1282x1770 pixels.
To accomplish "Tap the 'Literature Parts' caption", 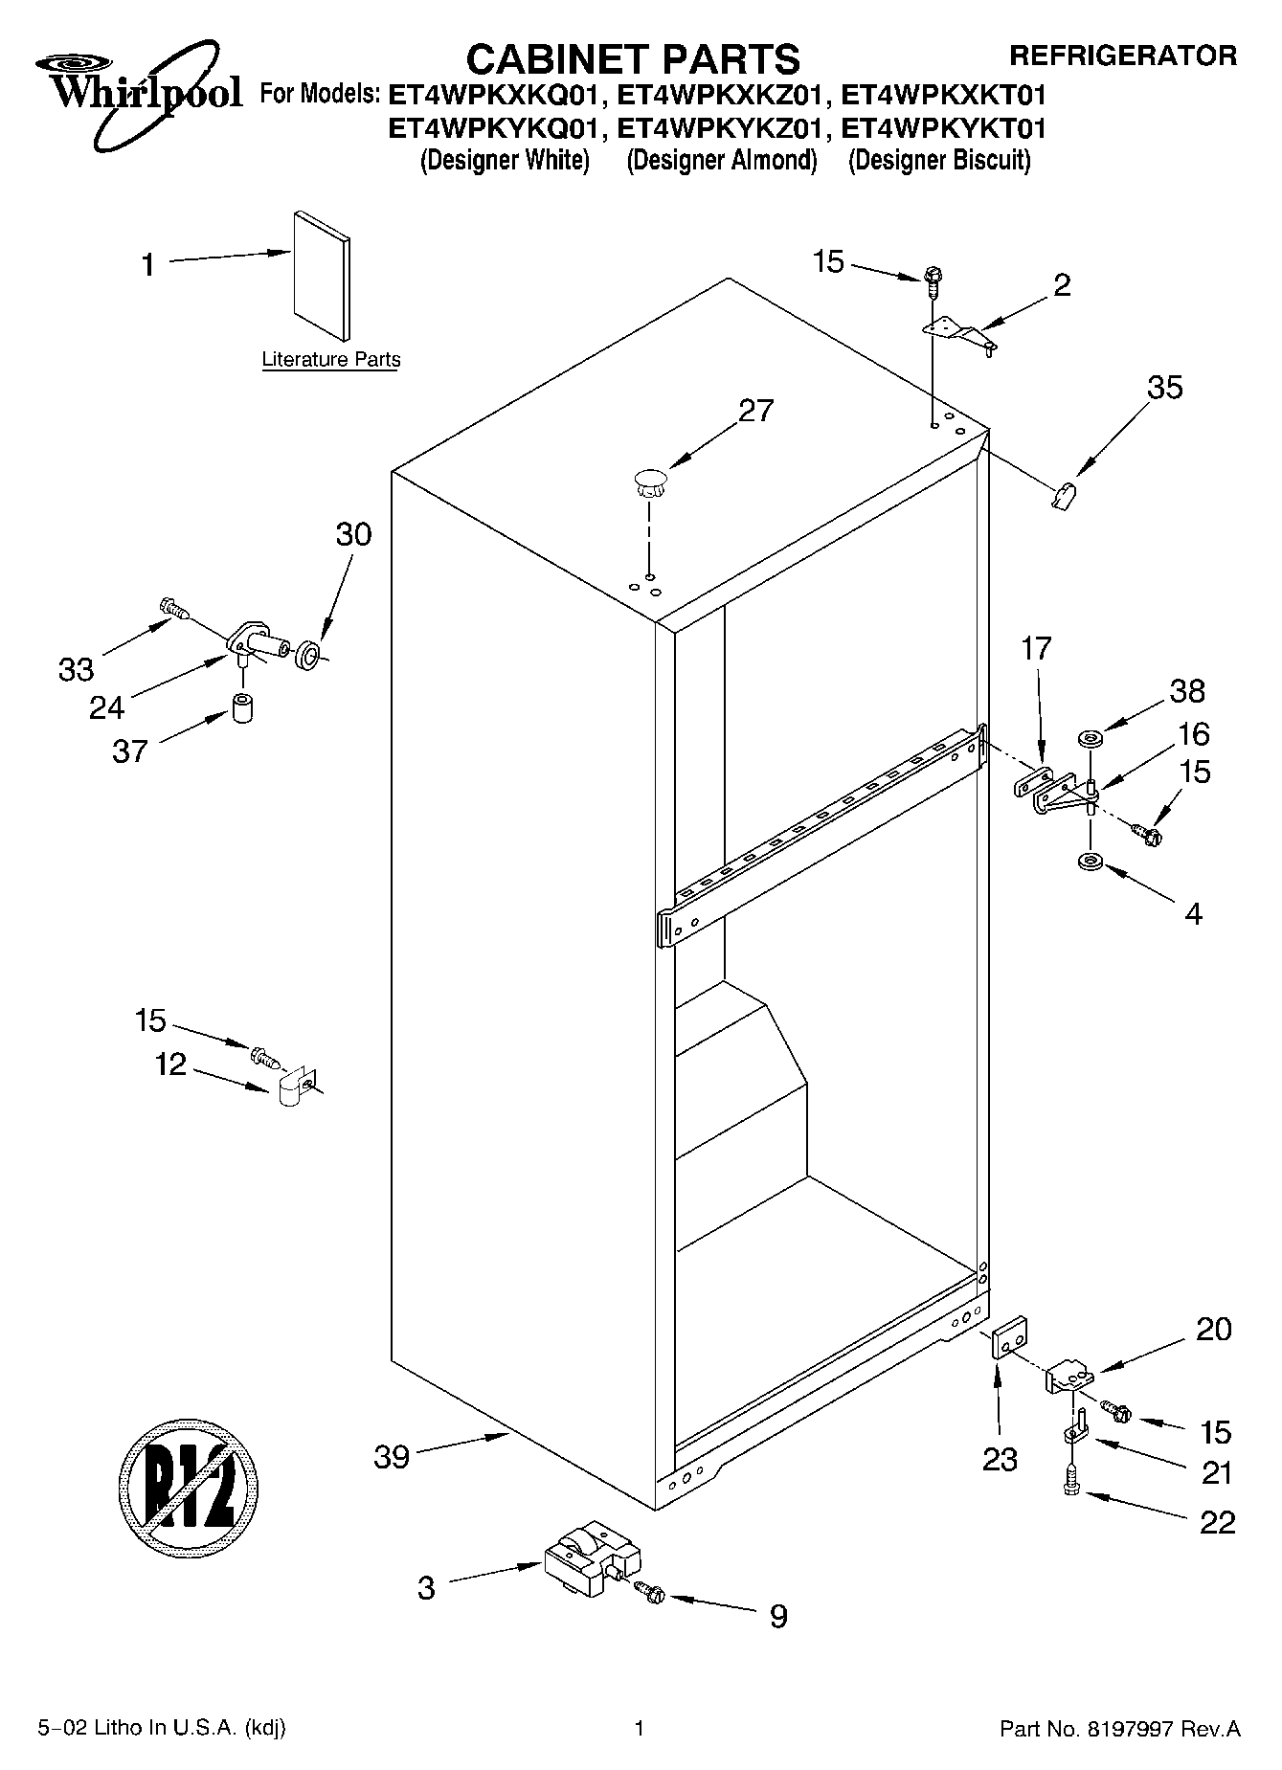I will point(331,360).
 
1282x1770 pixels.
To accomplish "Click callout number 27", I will point(755,411).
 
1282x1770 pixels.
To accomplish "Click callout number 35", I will point(1164,388).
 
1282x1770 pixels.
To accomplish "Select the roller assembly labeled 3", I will point(585,1564).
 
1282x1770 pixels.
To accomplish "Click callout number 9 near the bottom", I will point(778,1617).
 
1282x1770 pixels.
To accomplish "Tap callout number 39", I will point(392,1457).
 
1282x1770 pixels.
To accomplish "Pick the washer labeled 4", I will point(1090,863).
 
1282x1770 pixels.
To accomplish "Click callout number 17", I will point(1035,649).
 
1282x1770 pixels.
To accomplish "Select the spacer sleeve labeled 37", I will point(243,709).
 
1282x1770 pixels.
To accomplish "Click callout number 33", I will point(76,669).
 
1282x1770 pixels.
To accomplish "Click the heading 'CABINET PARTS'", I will point(632,59).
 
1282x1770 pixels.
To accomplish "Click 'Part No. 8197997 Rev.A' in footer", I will point(1119,1730).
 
